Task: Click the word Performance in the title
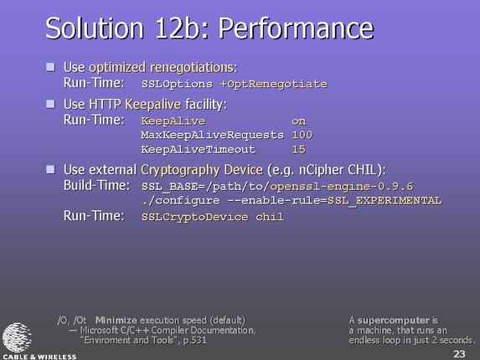tap(297, 28)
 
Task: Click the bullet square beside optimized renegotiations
tap(51, 67)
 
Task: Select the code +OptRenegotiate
tap(274, 84)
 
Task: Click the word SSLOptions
tap(177, 84)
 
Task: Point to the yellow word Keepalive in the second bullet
tap(153, 105)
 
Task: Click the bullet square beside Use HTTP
tap(51, 104)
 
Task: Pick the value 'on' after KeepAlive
tap(299, 121)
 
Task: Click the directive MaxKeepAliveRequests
tap(212, 135)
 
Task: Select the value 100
tap(302, 135)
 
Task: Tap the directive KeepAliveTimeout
tap(198, 150)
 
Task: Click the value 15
tap(299, 150)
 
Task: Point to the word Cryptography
tap(180, 170)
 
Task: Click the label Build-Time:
tap(96, 185)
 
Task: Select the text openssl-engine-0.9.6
tap(342, 187)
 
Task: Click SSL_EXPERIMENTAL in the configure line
tap(385, 201)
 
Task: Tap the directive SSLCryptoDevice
tap(194, 217)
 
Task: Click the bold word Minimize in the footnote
tap(116, 321)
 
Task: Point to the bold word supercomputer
tap(394, 321)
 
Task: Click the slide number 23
tap(459, 353)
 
